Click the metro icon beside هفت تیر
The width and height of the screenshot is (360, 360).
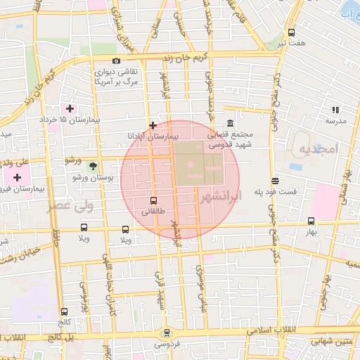pos(292,32)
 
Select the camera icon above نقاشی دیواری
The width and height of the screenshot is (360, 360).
pos(116,60)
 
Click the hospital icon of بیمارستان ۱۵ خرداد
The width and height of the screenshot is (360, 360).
pos(70,109)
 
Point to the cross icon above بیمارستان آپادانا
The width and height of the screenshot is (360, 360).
pos(153,124)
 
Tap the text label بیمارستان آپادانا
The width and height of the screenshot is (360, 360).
pos(153,135)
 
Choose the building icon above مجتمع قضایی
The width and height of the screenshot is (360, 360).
pos(231,124)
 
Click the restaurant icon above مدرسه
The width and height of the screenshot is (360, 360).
pos(335,110)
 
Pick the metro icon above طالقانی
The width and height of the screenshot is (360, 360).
pos(154,200)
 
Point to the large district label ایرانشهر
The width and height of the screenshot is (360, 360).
pos(220,198)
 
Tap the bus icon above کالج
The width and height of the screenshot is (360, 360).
pos(65,311)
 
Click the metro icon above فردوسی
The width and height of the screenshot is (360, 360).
pos(167,333)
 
